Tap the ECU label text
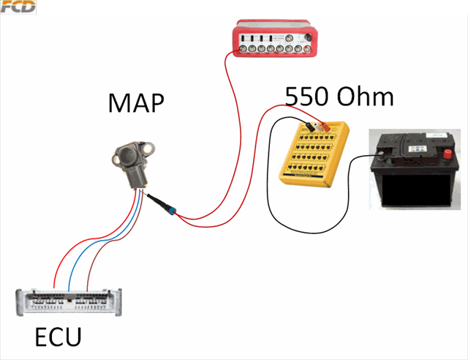coord(58,338)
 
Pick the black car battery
coord(413,172)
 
